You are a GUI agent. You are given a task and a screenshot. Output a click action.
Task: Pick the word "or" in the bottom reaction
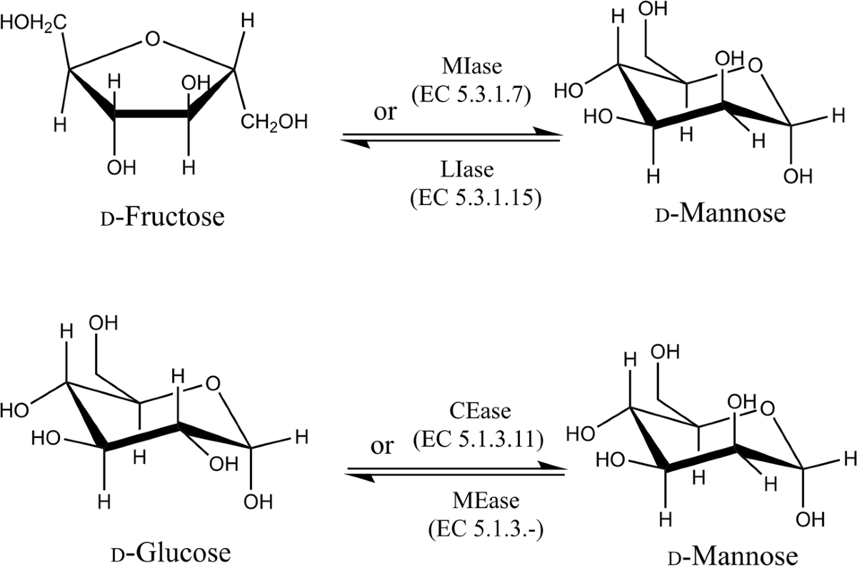click(x=382, y=447)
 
